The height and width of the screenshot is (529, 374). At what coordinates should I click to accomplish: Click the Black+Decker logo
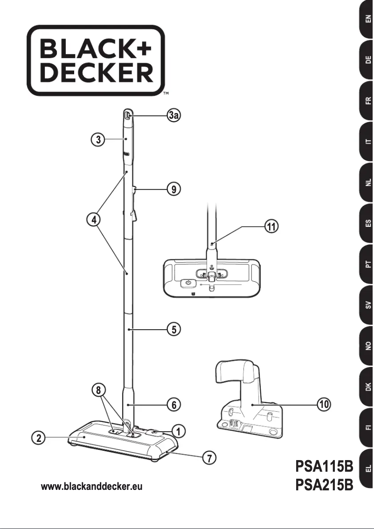(x=96, y=60)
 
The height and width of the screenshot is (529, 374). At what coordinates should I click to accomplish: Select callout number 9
(x=173, y=189)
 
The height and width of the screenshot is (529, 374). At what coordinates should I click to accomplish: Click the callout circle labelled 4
(x=95, y=220)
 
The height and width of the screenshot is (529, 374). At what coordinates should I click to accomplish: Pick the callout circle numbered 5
(x=173, y=330)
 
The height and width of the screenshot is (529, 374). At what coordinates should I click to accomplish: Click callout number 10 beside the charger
(x=324, y=405)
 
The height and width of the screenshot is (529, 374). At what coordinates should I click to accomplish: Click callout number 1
(x=178, y=432)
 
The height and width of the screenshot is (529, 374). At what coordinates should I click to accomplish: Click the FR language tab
(x=367, y=101)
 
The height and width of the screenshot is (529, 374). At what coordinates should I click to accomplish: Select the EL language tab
(x=367, y=469)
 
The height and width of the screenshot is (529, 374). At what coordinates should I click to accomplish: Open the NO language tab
(x=367, y=346)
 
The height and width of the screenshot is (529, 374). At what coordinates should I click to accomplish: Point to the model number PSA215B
(x=324, y=486)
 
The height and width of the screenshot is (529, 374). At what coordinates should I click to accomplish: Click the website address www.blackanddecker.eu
(x=92, y=487)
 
